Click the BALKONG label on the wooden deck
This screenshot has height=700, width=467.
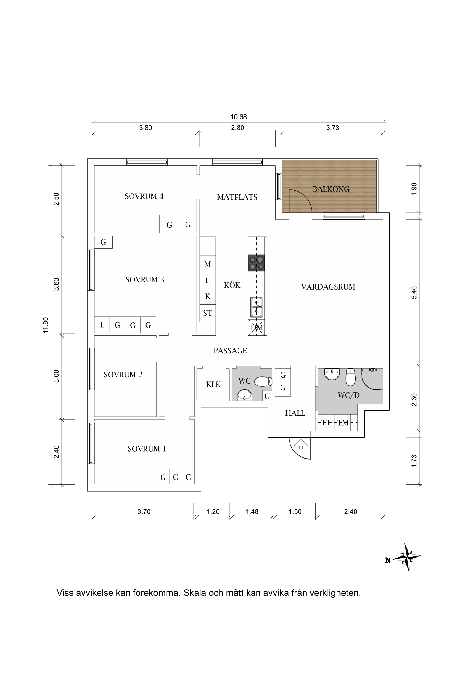tap(331, 189)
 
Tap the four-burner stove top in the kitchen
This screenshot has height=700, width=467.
tap(257, 263)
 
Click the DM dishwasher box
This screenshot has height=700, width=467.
tap(257, 327)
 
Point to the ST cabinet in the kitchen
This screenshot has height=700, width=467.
tap(208, 313)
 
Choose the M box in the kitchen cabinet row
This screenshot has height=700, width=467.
tap(208, 264)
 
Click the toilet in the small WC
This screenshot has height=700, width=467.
tap(263, 381)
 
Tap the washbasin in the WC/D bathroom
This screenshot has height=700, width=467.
tap(332, 374)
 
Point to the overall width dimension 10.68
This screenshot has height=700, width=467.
tap(238, 117)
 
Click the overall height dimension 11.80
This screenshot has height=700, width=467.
tap(46, 325)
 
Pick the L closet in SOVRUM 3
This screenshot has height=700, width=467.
tap(102, 325)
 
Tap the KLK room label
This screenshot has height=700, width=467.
tap(213, 385)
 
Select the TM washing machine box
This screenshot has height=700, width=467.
tap(343, 423)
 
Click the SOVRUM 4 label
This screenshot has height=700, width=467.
tap(144, 196)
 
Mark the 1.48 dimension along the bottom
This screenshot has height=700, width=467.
tap(252, 511)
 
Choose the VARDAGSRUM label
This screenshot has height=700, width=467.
tap(328, 287)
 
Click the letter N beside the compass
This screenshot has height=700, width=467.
tap(388, 561)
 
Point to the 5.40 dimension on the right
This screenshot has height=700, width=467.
tap(414, 292)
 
